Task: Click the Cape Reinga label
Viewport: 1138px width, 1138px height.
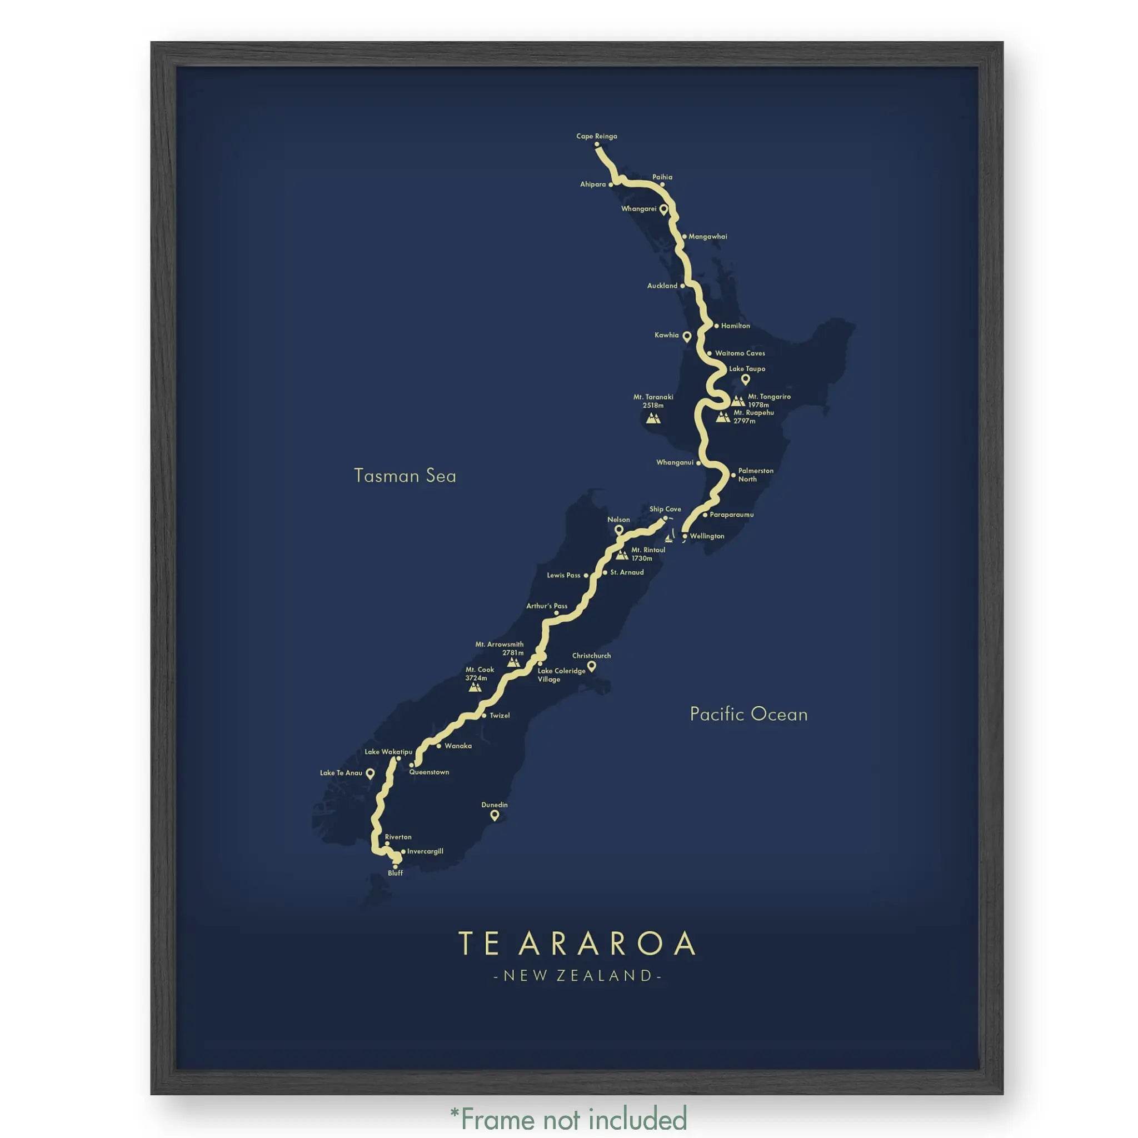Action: pyautogui.click(x=596, y=136)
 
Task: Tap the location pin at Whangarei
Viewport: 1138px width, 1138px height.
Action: pyautogui.click(x=663, y=209)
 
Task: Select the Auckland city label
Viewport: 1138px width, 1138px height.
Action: pyautogui.click(x=662, y=286)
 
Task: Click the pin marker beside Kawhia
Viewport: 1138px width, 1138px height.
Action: pyautogui.click(x=686, y=336)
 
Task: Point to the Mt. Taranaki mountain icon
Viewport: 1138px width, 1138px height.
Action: pyautogui.click(x=653, y=418)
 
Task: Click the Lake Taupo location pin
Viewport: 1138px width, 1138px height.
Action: pyautogui.click(x=745, y=380)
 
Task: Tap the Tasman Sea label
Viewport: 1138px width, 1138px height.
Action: pyautogui.click(x=405, y=476)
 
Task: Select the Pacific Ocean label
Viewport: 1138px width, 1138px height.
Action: pyautogui.click(x=748, y=715)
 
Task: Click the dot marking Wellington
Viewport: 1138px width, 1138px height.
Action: pyautogui.click(x=685, y=537)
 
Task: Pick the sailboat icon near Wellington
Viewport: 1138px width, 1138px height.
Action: pyautogui.click(x=669, y=537)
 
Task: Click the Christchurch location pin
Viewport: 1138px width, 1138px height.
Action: pyautogui.click(x=591, y=666)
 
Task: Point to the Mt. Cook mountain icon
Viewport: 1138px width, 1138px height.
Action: pyautogui.click(x=475, y=687)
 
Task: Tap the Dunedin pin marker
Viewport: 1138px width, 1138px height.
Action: pyautogui.click(x=495, y=815)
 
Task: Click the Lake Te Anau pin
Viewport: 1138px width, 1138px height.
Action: pyautogui.click(x=370, y=773)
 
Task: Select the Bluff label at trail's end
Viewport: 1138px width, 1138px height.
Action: pyautogui.click(x=395, y=873)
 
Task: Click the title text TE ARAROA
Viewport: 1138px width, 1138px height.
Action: pyautogui.click(x=577, y=944)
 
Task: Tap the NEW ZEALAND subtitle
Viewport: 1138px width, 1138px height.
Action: pyautogui.click(x=577, y=976)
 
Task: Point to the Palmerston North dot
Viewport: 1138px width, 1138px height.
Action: pyautogui.click(x=733, y=475)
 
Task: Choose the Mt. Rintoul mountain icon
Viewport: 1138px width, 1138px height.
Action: pyautogui.click(x=622, y=555)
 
